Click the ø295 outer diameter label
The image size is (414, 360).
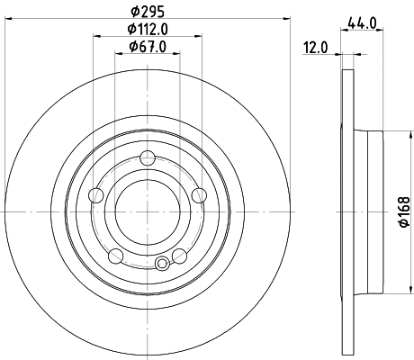click(148, 12)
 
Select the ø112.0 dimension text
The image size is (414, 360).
click(148, 30)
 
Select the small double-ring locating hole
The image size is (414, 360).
click(162, 263)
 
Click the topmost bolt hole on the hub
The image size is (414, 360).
click(148, 161)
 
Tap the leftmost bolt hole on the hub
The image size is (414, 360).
click(96, 195)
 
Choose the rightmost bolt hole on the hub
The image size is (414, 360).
click(199, 195)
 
